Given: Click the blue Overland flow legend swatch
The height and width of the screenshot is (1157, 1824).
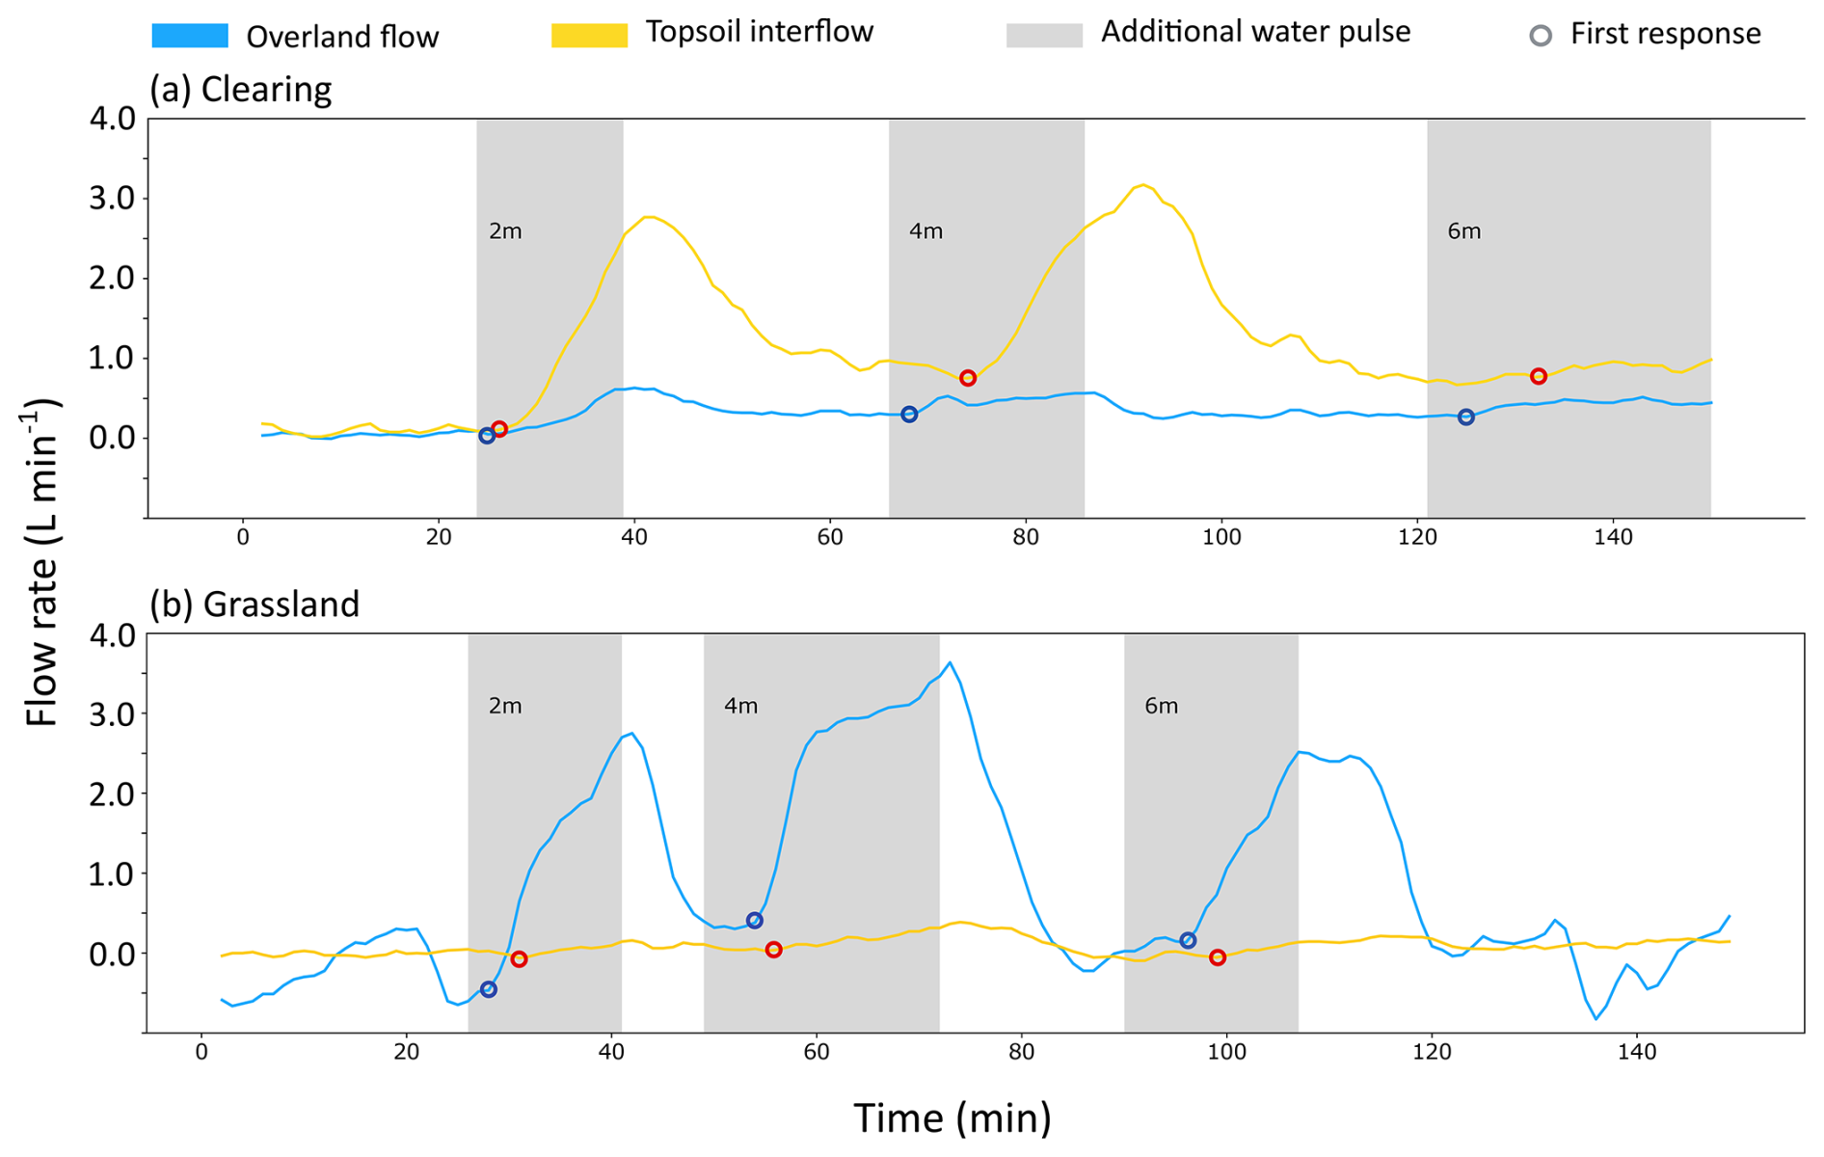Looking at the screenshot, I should tap(190, 37).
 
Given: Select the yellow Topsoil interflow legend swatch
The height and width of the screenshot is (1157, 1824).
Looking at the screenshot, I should tap(589, 35).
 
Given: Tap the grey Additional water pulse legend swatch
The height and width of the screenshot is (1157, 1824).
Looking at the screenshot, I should tap(1044, 35).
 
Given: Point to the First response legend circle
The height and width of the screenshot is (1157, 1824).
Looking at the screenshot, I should tap(1541, 36).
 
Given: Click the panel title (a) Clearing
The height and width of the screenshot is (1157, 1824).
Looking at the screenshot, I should tap(240, 89).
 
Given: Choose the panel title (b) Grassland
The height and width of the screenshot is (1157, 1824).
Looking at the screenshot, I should tap(254, 604).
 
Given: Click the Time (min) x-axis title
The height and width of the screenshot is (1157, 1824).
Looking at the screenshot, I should tap(952, 1118).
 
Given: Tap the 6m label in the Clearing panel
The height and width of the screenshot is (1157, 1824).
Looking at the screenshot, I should tap(1463, 231).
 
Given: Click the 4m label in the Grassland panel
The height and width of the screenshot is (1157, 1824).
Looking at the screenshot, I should tap(740, 707).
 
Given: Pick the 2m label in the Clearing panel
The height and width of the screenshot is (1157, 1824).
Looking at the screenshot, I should tap(505, 231).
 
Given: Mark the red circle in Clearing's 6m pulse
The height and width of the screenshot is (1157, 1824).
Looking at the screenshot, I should tap(1539, 376).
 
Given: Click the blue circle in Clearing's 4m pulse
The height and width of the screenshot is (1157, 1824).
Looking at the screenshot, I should tap(909, 415).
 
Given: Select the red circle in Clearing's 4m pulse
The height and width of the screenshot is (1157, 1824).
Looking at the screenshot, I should tap(968, 378).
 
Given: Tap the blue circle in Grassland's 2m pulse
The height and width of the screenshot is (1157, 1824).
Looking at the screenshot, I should tap(489, 989).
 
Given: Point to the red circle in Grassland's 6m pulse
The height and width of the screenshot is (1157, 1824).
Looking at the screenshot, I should tap(1218, 957).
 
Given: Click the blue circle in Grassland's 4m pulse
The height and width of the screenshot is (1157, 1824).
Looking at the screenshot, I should tap(755, 921).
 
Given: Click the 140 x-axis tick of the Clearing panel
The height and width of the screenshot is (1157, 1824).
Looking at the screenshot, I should tap(1613, 538).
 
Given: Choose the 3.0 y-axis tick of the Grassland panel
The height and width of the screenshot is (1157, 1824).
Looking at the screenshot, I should tap(115, 714).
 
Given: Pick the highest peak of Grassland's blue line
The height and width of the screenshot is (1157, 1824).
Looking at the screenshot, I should tap(950, 662).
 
